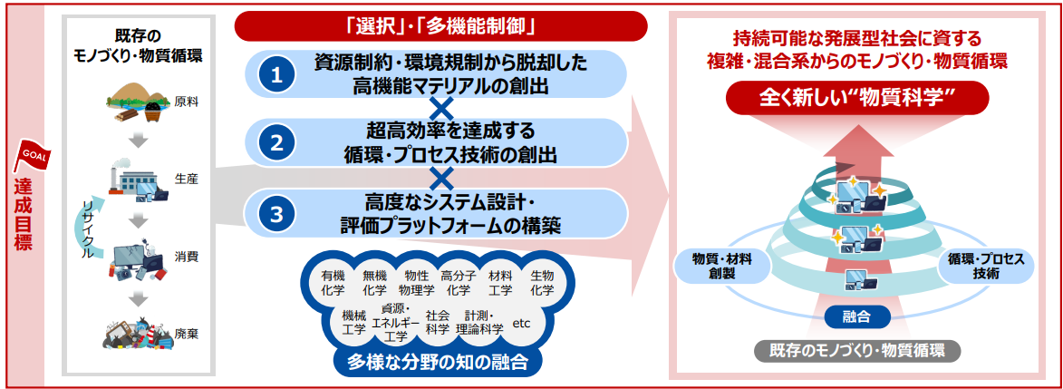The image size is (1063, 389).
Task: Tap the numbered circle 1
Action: pyautogui.click(x=275, y=74)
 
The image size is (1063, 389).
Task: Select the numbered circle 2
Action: pyautogui.click(x=275, y=142)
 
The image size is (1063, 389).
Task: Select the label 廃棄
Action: pyautogui.click(x=181, y=334)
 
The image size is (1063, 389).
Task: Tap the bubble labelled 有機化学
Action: pyautogui.click(x=333, y=282)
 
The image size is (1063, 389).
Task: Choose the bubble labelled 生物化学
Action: pyautogui.click(x=542, y=282)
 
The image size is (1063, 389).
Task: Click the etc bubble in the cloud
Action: pyautogui.click(x=522, y=323)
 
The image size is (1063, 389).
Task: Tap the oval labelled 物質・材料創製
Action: pyautogui.click(x=721, y=266)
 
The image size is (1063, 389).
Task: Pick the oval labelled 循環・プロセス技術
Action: pyautogui.click(x=986, y=266)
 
